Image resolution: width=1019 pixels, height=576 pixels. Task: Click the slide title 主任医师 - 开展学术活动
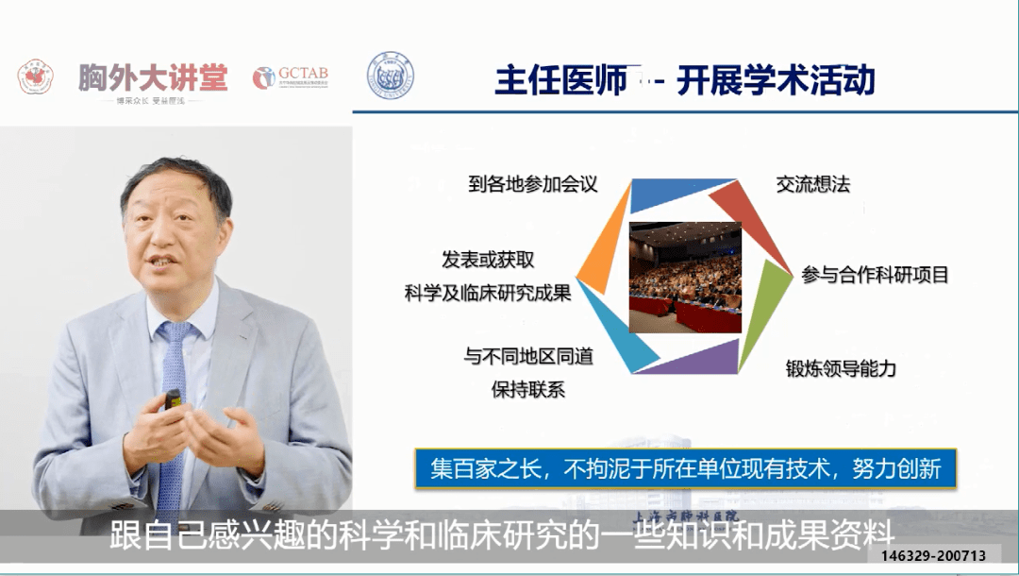click(x=685, y=81)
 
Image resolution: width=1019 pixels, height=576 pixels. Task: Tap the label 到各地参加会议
click(x=533, y=183)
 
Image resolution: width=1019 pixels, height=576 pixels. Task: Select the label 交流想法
click(x=812, y=183)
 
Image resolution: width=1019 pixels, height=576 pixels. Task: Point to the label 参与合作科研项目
click(x=875, y=275)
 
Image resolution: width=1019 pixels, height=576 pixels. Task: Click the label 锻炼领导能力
click(x=841, y=368)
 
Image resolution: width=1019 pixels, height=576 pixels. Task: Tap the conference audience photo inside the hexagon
click(x=685, y=276)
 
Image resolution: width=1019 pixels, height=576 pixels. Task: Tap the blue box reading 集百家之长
click(x=686, y=469)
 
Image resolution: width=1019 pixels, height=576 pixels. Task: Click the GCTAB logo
click(x=291, y=77)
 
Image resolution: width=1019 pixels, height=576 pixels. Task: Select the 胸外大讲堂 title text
click(x=153, y=78)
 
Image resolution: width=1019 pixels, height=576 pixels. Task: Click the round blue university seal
click(x=390, y=76)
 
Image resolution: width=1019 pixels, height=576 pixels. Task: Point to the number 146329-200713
click(x=933, y=555)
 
